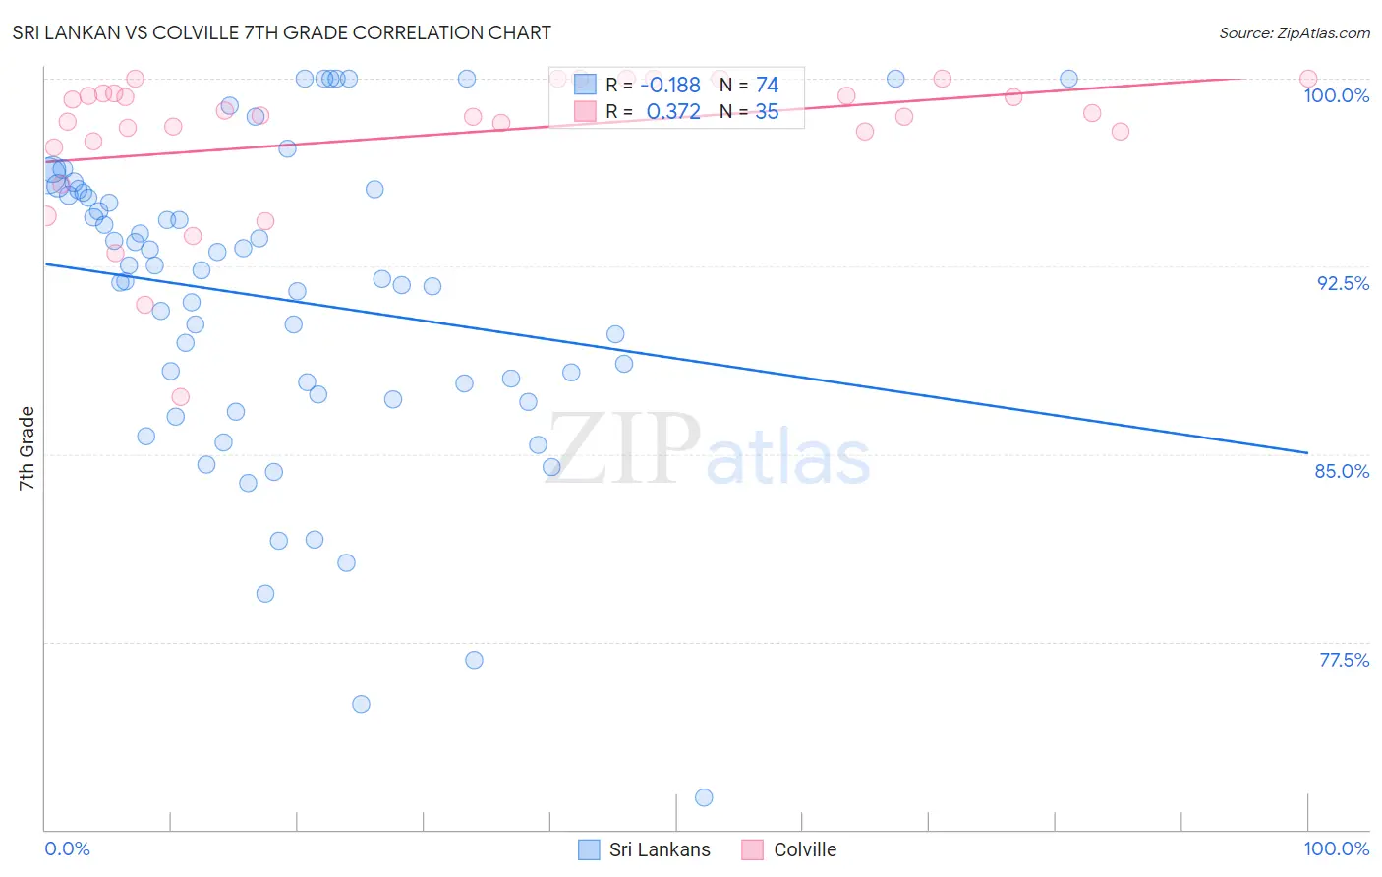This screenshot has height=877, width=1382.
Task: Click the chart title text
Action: click(x=281, y=32)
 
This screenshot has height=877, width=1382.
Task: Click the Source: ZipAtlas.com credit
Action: click(x=1294, y=33)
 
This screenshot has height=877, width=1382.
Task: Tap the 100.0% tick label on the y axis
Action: click(x=1336, y=95)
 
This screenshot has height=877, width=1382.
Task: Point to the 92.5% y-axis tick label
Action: click(x=1343, y=283)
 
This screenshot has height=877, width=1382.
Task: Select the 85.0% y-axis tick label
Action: click(x=1342, y=471)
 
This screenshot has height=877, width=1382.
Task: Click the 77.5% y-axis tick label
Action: click(x=1344, y=660)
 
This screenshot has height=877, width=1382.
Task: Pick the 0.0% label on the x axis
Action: click(x=67, y=848)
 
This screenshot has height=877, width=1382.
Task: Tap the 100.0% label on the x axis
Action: click(x=1336, y=848)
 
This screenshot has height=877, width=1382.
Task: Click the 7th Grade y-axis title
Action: click(x=27, y=447)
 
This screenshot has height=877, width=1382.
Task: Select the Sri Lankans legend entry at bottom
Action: click(x=644, y=849)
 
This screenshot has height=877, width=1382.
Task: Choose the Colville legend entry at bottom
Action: click(x=789, y=849)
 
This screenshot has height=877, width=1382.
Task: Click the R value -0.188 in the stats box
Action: click(x=672, y=85)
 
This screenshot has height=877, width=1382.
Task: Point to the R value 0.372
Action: click(x=673, y=112)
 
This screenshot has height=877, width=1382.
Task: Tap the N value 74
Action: click(x=767, y=85)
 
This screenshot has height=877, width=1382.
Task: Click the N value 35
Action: click(x=767, y=112)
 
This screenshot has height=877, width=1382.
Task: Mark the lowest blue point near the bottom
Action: click(x=704, y=797)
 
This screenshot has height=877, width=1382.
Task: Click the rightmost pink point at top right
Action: click(x=1308, y=79)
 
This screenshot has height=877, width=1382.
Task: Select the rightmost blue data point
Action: click(x=1068, y=79)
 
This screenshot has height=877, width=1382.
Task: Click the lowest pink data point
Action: click(x=180, y=397)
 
